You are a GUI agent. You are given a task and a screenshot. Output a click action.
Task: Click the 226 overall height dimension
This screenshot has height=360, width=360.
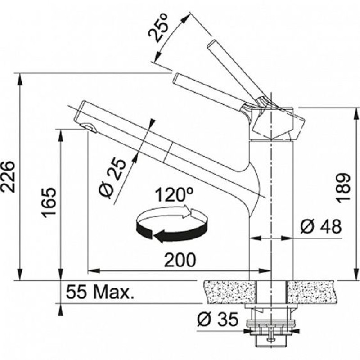pos(8,177)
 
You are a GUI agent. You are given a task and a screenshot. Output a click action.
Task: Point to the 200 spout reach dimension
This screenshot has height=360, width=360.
pos(180,260)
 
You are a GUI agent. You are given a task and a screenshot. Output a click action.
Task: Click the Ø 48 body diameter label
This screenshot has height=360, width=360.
pos(321,226)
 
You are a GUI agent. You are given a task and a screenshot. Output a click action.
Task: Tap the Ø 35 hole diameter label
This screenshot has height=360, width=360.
pos(218,319)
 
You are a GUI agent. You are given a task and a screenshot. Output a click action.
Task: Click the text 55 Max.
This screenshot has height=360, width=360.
pos(99,292)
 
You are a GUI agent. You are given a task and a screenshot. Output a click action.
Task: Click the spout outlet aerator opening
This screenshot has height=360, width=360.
pos(89,128)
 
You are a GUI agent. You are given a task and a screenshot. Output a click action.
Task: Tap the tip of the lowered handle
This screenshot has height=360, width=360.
pos(176,78)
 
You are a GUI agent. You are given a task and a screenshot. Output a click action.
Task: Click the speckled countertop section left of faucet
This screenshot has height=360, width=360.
pos(229,292)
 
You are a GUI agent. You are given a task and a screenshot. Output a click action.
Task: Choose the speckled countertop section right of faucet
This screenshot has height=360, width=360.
pos(313,292)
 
